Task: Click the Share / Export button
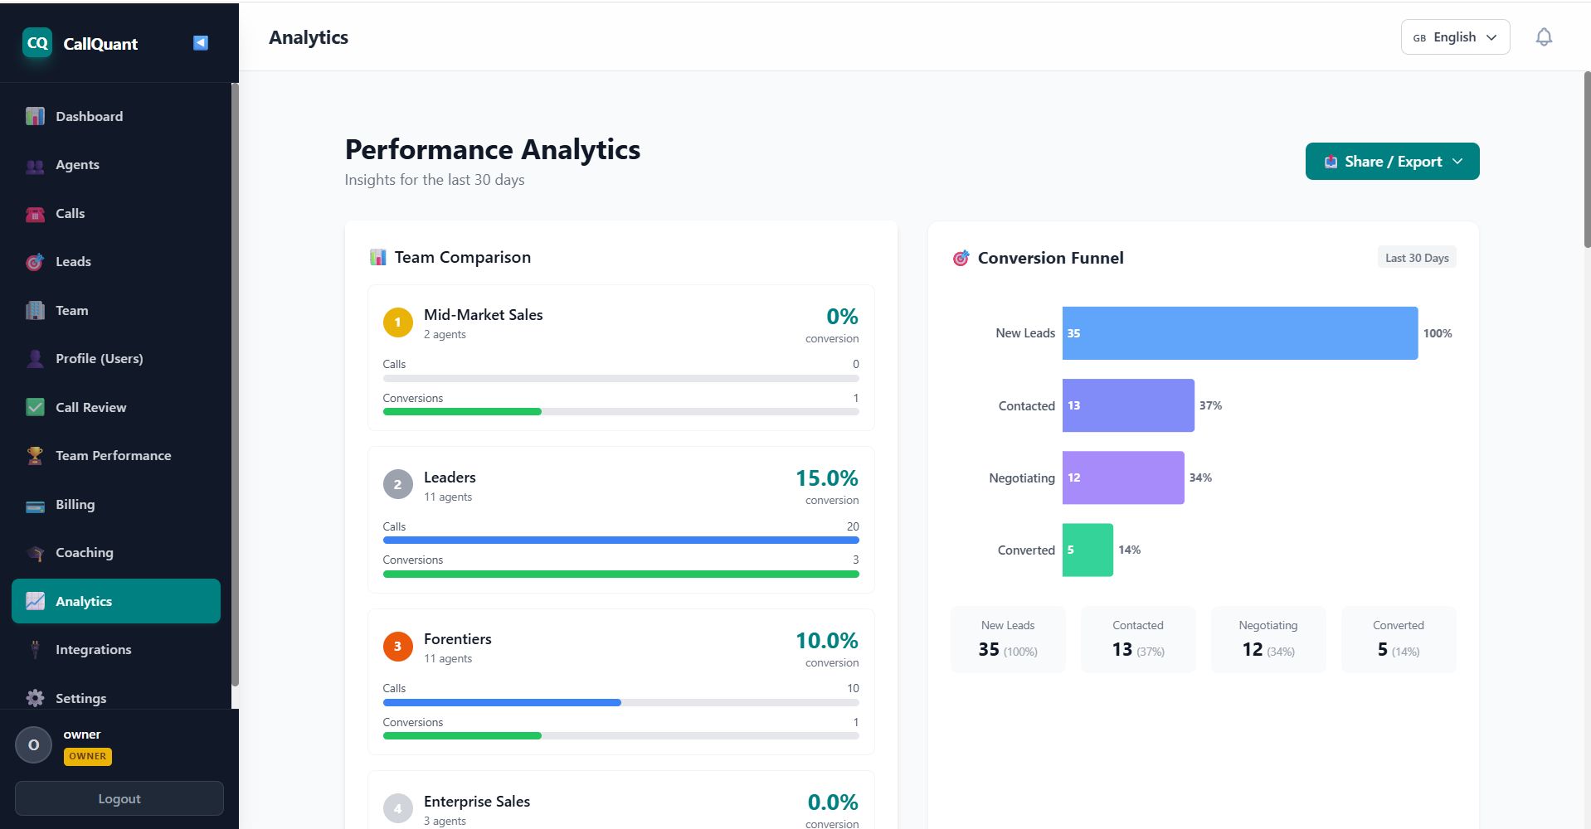point(1392,162)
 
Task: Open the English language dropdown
point(1455,37)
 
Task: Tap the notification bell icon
point(1543,37)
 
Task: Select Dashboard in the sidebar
point(89,117)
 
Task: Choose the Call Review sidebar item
point(90,408)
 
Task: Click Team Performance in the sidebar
point(113,456)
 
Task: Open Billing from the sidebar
point(75,505)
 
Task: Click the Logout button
point(119,798)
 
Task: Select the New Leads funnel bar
point(1239,333)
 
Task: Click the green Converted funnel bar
point(1087,550)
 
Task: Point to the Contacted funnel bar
point(1128,405)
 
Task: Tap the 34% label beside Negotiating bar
point(1200,478)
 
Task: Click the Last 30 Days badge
point(1416,258)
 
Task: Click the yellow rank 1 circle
point(397,322)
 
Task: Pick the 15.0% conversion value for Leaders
point(826,478)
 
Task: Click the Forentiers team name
point(457,639)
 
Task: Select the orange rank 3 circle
point(397,647)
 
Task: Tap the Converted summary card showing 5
point(1398,639)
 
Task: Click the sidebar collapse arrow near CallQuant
point(201,43)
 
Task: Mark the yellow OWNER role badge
point(87,756)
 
